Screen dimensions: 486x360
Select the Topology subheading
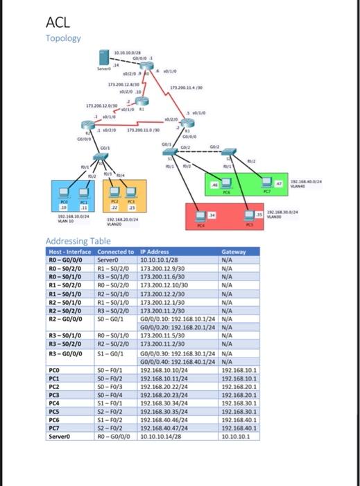63,39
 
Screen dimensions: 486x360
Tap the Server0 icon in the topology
104,58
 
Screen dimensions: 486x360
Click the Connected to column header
116,251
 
